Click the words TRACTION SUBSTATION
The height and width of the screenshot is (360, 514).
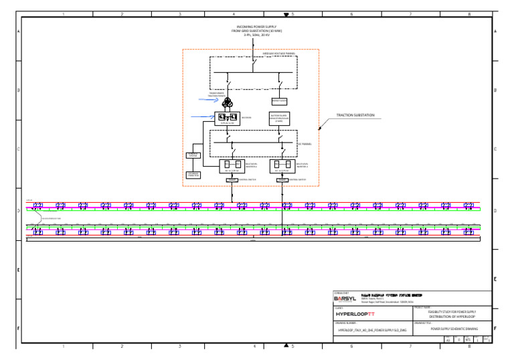355,115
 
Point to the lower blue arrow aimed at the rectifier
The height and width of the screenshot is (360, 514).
202,117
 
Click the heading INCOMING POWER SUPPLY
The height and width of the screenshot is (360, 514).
252,27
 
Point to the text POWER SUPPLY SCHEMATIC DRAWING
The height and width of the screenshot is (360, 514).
453,329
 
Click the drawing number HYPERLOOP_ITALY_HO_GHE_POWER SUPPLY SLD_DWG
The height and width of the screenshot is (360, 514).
372,329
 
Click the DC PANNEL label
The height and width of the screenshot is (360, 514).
304,143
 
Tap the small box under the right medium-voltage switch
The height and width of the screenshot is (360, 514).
279,100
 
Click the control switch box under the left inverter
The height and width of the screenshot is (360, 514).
232,180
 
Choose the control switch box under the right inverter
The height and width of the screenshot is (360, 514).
281,180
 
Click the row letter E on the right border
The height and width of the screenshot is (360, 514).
495,278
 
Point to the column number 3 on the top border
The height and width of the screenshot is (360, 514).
180,13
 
